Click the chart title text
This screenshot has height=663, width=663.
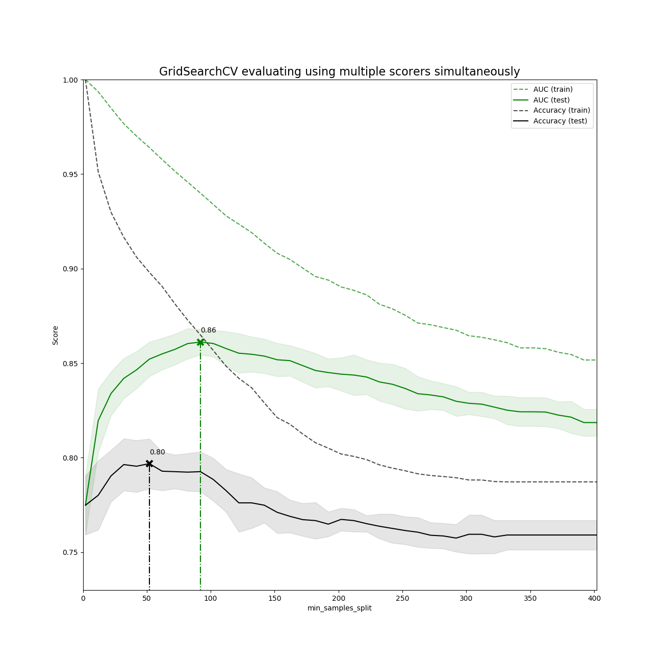pos(339,72)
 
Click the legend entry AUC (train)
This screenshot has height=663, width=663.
pos(553,90)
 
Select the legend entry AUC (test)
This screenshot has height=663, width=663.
pos(551,100)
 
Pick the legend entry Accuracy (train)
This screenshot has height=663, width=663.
pos(562,111)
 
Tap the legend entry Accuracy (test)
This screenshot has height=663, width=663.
pos(560,121)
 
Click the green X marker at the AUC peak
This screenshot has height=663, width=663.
pos(200,342)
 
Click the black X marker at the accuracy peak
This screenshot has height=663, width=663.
pos(149,464)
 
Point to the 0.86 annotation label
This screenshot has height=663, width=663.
pos(208,330)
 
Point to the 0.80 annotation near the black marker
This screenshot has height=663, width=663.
pos(157,452)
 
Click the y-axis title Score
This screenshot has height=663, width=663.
pos(56,335)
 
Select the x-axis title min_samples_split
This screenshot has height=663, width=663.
pos(339,608)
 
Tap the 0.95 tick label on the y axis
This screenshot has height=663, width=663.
pos(70,174)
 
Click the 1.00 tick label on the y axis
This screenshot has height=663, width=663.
pos(70,80)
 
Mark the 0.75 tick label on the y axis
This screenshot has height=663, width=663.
pos(70,552)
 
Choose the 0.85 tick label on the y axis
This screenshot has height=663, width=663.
pos(70,364)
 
